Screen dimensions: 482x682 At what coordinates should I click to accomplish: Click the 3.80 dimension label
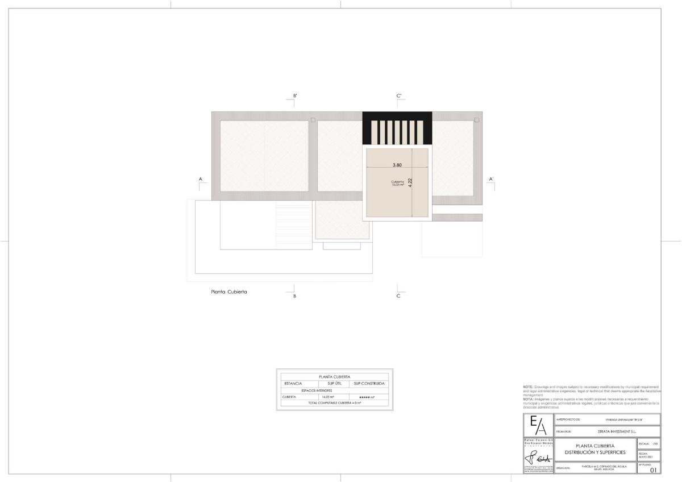397,165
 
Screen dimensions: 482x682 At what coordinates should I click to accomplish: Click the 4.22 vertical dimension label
410,184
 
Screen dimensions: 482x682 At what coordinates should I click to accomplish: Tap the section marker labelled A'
491,179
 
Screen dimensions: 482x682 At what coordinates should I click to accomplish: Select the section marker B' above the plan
294,96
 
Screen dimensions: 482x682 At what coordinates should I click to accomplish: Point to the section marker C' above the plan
399,96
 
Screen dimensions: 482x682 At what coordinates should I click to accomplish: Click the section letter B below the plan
294,296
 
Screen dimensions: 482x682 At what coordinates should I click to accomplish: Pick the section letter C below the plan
398,296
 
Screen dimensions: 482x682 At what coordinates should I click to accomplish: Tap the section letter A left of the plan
201,179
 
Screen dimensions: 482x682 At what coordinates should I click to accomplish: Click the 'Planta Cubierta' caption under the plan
229,292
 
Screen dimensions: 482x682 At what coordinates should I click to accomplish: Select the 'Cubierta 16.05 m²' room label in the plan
397,183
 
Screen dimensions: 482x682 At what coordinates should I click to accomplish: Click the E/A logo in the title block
538,426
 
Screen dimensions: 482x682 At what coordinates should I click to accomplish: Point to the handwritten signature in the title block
538,458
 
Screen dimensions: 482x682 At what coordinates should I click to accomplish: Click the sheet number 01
653,470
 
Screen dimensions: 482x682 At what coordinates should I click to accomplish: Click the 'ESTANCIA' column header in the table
293,384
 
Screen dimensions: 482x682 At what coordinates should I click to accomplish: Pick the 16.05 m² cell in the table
328,397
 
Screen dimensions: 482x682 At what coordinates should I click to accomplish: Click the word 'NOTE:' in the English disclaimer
528,387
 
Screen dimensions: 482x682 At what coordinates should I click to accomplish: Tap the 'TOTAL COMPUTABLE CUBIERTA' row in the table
335,403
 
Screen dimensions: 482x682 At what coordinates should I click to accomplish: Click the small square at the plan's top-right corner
477,120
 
